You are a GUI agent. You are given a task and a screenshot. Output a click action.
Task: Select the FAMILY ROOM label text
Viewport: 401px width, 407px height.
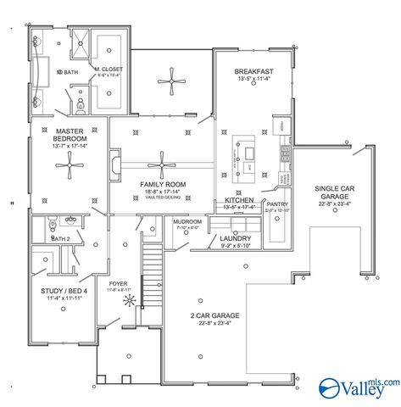click(163, 184)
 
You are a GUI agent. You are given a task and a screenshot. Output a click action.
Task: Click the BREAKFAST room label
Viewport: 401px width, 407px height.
click(253, 72)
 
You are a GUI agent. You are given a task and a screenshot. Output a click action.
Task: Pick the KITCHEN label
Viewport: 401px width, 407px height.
click(240, 200)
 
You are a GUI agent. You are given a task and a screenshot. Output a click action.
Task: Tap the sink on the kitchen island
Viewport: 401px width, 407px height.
click(251, 153)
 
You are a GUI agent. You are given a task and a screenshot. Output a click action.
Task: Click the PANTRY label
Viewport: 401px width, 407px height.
click(277, 204)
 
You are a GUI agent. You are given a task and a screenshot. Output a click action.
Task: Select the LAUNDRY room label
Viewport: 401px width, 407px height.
click(234, 239)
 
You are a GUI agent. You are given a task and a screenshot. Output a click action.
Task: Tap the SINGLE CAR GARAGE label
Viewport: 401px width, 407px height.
click(335, 192)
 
